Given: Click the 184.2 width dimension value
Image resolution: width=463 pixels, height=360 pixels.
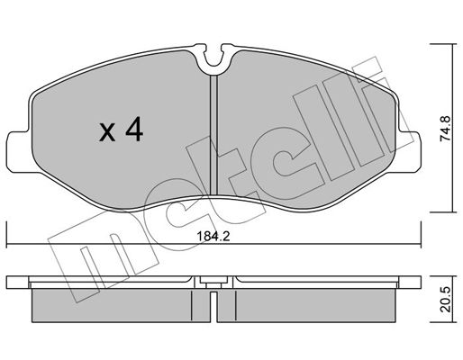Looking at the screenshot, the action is click(x=213, y=237).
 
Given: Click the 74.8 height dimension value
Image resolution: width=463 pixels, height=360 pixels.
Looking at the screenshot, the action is click(x=445, y=129).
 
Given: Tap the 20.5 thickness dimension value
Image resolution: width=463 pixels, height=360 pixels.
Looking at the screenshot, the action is click(x=446, y=300).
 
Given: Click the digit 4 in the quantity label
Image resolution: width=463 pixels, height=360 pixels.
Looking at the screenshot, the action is click(x=134, y=129).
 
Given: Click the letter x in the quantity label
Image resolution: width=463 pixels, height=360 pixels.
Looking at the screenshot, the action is click(x=107, y=132).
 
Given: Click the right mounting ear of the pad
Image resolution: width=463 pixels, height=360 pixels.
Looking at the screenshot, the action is click(x=410, y=152).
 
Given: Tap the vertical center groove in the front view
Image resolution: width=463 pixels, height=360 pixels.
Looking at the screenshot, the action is click(x=213, y=135).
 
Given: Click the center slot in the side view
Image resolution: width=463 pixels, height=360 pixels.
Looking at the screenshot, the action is click(x=213, y=306).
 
